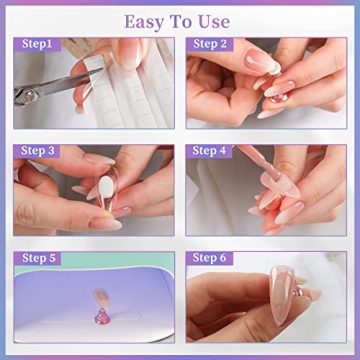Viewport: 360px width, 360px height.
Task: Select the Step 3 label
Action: pos(36,151)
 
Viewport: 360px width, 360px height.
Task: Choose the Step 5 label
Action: pos(36,258)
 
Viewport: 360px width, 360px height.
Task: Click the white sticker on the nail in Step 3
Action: pos(98,188)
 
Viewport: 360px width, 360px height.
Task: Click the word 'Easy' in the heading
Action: pos(143,20)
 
